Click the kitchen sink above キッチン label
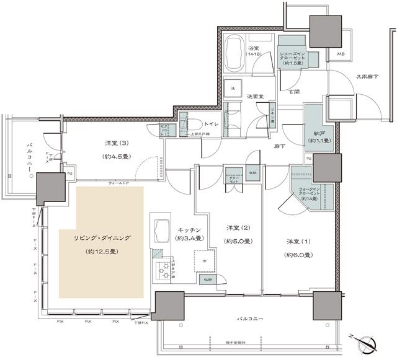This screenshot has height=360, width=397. [x=160, y=230]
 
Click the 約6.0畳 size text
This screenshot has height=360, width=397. [x=298, y=255]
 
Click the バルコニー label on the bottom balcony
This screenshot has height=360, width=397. [x=250, y=318]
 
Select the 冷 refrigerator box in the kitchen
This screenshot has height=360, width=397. [x=203, y=261]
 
